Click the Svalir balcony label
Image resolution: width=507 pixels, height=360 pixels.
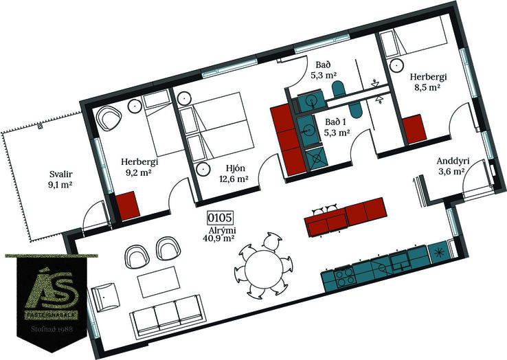[x=60, y=179]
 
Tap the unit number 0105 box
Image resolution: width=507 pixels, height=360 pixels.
[x=220, y=218]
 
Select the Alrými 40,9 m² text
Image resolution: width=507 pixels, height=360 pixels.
[x=219, y=234]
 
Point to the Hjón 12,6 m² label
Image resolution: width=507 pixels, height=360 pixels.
[x=234, y=173]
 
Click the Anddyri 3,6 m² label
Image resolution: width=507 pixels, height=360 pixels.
[x=452, y=166]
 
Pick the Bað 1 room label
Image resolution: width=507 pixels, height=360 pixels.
[x=337, y=127]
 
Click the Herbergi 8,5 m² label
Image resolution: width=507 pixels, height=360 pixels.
[x=428, y=82]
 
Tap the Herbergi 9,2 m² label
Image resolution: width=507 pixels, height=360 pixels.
[x=139, y=166]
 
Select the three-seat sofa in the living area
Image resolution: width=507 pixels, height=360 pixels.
[x=166, y=315]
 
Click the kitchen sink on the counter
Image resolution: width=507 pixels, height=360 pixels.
[x=401, y=262]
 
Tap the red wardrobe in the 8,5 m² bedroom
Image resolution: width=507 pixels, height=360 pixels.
[x=415, y=128]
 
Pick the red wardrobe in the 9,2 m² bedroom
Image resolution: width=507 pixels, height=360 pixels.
[x=128, y=205]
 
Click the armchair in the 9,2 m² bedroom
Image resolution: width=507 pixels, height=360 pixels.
[x=109, y=118]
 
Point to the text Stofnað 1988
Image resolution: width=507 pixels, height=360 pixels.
[x=52, y=329]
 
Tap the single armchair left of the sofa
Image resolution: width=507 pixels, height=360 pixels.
[x=105, y=297]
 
